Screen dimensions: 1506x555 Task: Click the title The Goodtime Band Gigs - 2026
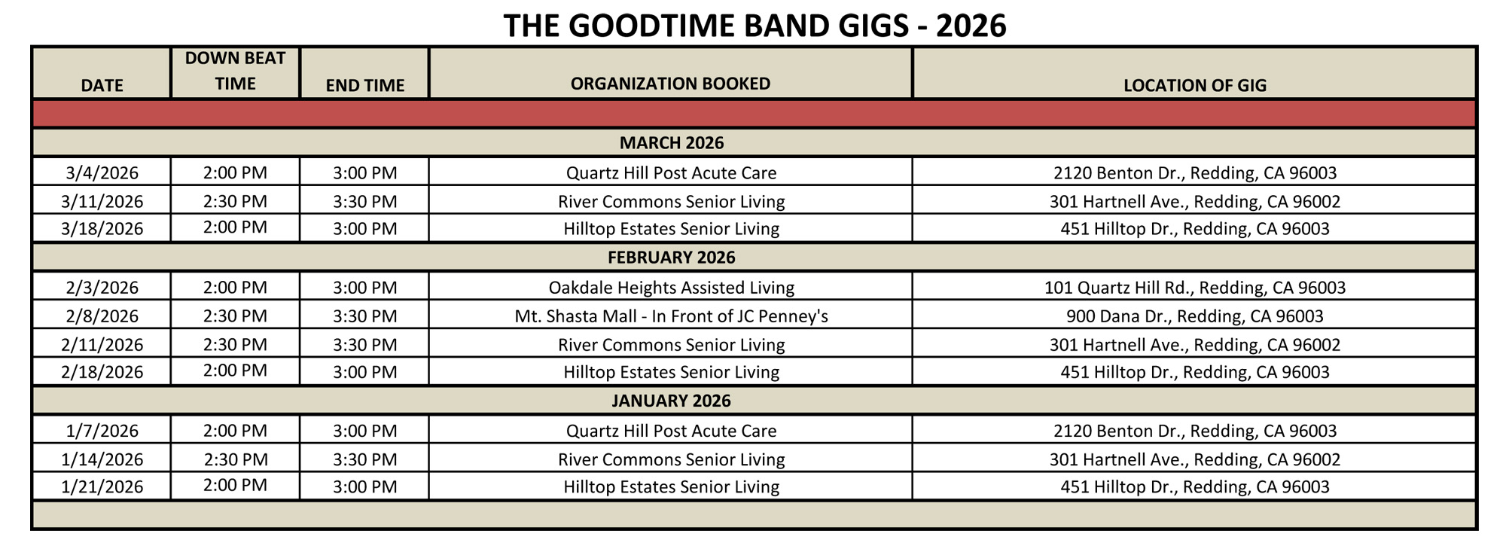755,26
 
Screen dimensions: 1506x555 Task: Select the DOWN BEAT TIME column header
235,71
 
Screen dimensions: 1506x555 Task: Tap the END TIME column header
365,85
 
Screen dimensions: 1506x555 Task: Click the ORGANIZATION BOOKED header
670,83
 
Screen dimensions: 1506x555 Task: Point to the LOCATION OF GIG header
1195,85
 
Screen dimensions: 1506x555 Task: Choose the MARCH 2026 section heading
672,143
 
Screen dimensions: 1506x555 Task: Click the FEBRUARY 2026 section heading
672,258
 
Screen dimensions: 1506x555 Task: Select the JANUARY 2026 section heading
672,401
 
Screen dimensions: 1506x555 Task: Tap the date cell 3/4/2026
102,172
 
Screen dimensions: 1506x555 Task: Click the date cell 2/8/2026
102,316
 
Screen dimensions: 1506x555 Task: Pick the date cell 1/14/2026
102,459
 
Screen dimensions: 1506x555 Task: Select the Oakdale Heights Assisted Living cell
672,287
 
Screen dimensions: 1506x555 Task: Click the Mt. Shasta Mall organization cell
672,316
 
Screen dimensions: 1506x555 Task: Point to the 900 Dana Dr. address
1195,316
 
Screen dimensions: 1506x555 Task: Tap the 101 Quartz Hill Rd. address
1195,287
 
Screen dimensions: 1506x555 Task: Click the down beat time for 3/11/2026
235,201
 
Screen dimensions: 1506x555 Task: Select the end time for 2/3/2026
365,287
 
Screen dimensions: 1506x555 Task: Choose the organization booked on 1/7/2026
672,430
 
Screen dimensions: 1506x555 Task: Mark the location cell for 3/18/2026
1195,228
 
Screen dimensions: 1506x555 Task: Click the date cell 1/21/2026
102,486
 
